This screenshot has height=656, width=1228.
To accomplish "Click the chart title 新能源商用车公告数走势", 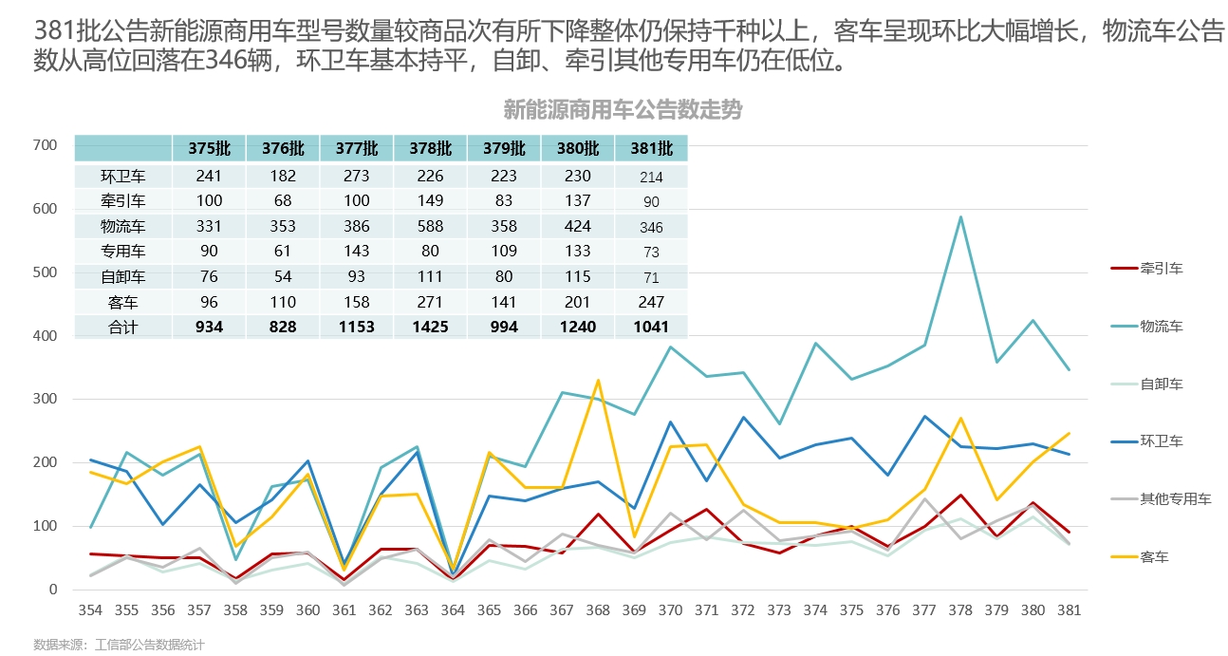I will (x=622, y=110).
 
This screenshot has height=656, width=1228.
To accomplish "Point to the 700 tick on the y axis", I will (x=45, y=145).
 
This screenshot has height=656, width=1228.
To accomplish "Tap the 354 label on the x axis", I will (x=91, y=609).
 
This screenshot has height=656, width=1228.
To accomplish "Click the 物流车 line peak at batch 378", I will (x=960, y=216).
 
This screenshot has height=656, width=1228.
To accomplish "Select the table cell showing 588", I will (x=430, y=226).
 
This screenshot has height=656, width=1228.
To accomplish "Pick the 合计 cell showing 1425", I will (x=430, y=327).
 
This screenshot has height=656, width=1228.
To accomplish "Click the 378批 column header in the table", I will (x=430, y=148).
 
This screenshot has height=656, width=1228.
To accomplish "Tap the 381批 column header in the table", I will (x=651, y=148).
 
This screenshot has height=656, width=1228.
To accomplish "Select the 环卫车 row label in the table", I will (x=122, y=176).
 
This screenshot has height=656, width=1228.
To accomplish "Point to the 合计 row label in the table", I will (x=122, y=327).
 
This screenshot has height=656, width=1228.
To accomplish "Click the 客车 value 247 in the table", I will (x=651, y=302).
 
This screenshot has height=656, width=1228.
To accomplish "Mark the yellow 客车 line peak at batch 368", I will (x=598, y=380).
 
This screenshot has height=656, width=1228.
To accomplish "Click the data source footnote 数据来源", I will (x=119, y=645).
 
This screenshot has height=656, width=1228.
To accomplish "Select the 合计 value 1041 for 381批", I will (x=651, y=327).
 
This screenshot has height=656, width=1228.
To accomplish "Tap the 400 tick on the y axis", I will (x=45, y=336).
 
